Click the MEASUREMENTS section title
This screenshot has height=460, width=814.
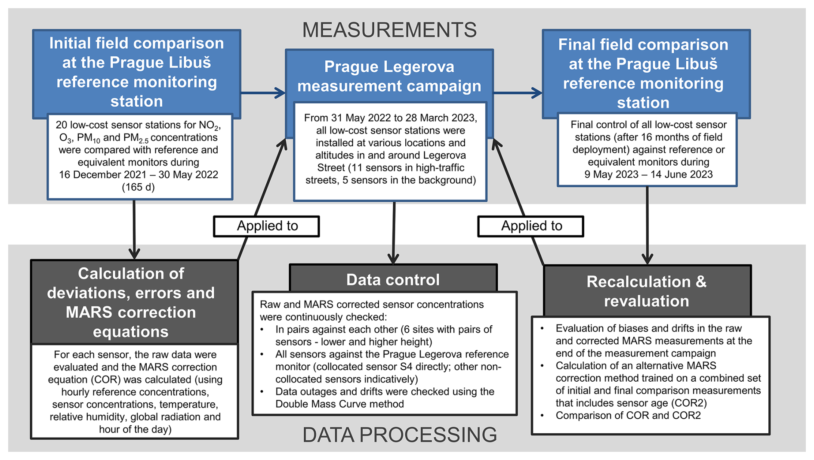pos(389,30)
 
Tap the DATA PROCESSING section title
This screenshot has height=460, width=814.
pos(400,435)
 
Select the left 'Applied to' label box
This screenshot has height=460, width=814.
pos(266,226)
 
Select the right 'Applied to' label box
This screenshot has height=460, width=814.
pos(530,226)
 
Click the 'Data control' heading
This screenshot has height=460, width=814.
pos(393,280)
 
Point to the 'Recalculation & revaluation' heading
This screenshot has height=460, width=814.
pos(647,291)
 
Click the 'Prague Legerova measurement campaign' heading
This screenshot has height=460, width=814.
pos(389,76)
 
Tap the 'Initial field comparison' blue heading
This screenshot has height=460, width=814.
pos(136,72)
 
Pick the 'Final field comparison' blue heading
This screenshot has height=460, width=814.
pos(643,74)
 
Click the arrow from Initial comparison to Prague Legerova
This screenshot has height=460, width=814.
pos(263,93)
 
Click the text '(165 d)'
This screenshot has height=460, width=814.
pos(138,187)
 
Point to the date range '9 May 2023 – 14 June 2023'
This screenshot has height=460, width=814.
pos(648,174)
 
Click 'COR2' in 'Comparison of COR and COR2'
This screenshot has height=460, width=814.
pos(687,416)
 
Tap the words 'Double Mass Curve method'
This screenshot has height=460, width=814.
pos(340,404)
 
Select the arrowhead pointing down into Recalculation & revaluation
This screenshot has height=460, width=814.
pos(647,259)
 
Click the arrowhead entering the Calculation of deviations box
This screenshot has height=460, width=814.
pos(134,253)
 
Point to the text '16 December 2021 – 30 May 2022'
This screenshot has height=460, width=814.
pos(139,175)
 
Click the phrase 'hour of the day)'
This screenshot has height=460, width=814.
pos(135,429)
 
